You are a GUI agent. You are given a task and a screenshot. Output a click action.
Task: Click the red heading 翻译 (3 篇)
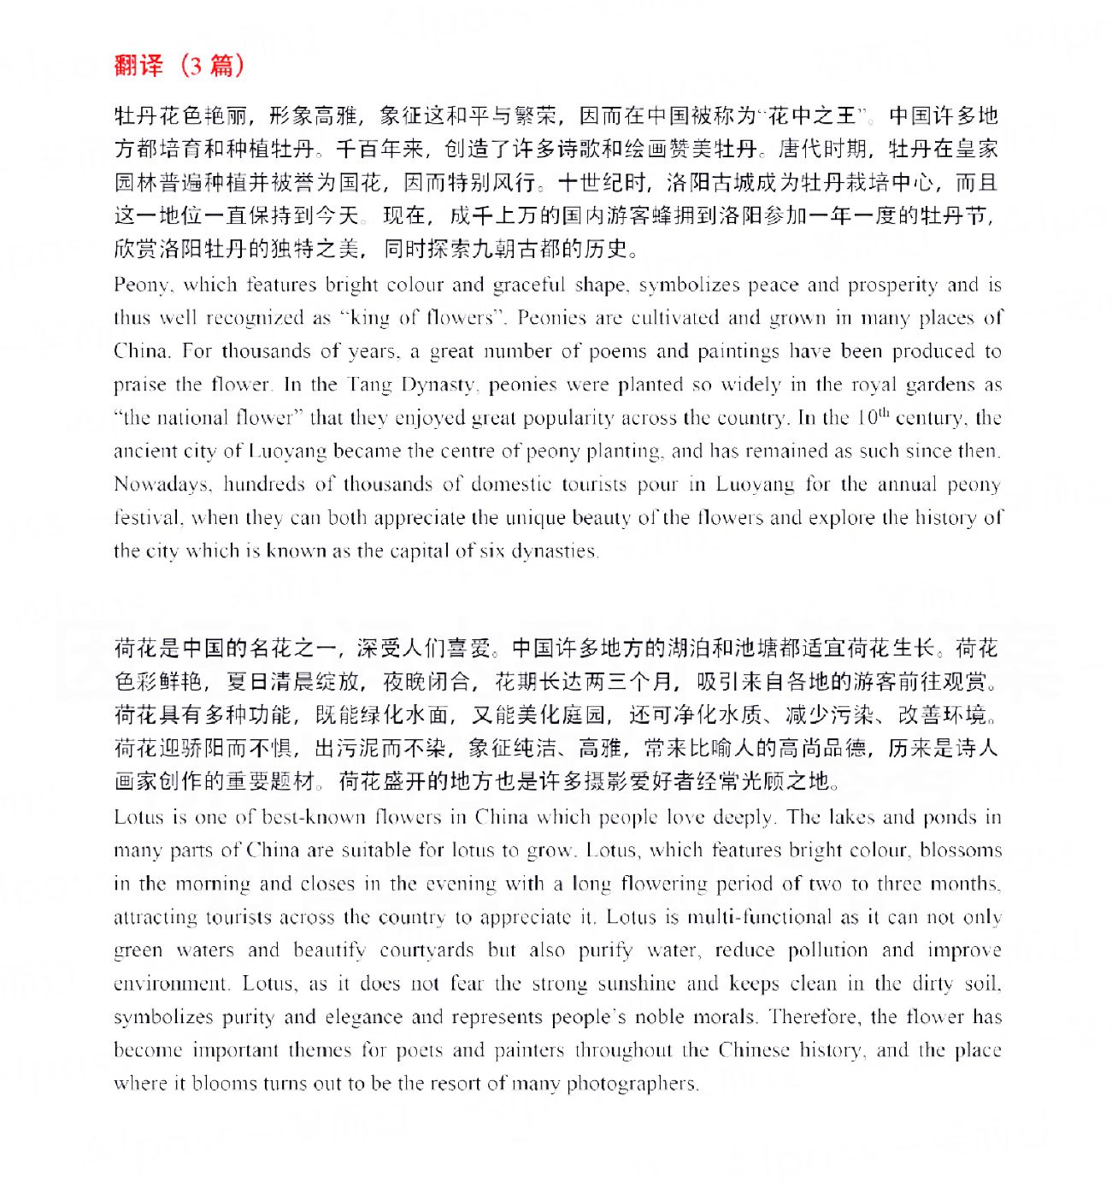[179, 65]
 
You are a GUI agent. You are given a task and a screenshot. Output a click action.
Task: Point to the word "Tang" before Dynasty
[372, 385]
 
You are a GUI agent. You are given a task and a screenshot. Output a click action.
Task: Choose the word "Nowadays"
[162, 485]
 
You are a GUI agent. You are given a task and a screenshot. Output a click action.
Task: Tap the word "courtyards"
[427, 950]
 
